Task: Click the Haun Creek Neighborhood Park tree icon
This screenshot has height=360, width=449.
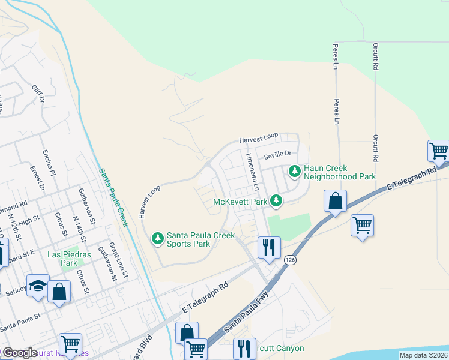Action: click(x=294, y=172)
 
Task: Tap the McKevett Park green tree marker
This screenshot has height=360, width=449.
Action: click(x=276, y=200)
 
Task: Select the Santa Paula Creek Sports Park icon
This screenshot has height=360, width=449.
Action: click(x=157, y=239)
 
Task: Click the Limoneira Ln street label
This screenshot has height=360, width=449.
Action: click(x=252, y=171)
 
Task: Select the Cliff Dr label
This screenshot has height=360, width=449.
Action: click(x=38, y=95)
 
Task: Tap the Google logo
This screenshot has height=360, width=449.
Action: click(x=19, y=353)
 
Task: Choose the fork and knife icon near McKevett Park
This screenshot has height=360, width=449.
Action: click(x=268, y=247)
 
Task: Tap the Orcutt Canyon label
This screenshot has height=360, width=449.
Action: click(x=277, y=349)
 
